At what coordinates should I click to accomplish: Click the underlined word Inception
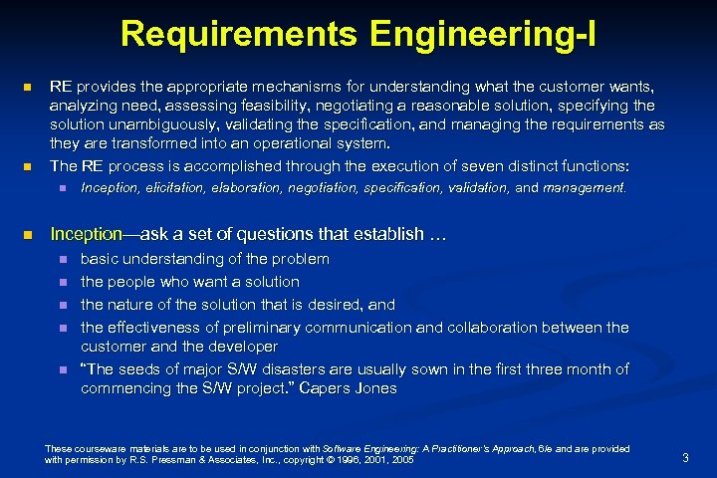point(85,235)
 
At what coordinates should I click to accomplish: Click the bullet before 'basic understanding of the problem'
point(62,259)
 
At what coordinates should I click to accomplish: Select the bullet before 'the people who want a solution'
point(62,282)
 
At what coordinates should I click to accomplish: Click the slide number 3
point(685,457)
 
